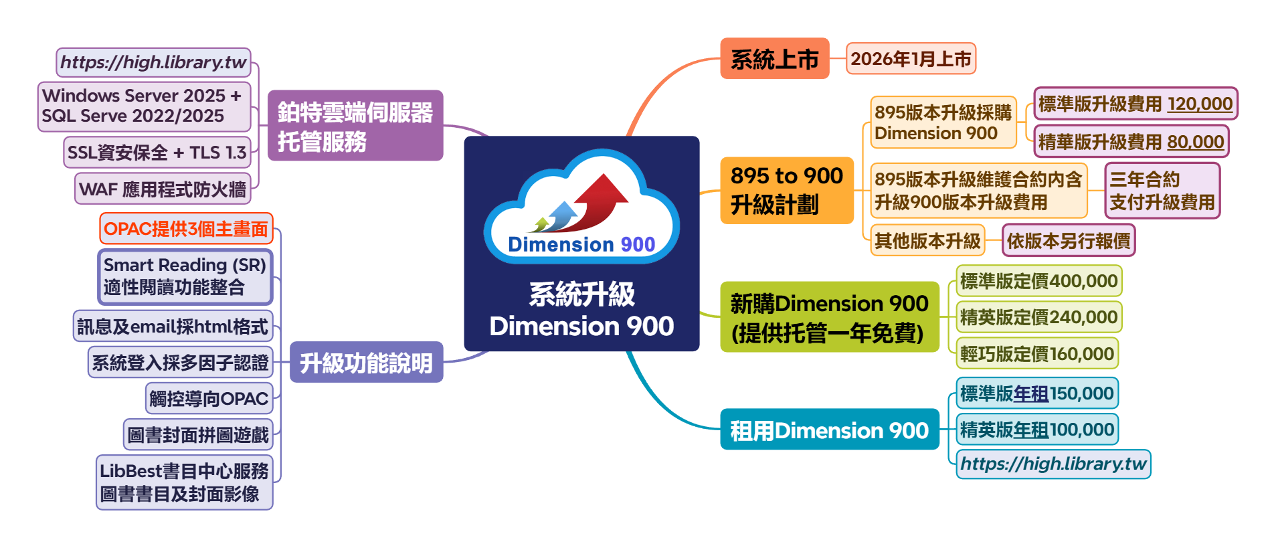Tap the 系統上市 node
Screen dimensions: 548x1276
pyautogui.click(x=774, y=59)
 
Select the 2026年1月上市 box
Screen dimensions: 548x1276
pyautogui.click(x=911, y=59)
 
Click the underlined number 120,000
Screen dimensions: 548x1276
pyautogui.click(x=1200, y=104)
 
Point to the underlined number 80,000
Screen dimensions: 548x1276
pyautogui.click(x=1195, y=142)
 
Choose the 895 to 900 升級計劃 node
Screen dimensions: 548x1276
pyautogui.click(x=787, y=190)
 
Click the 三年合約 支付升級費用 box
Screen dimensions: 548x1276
pyautogui.click(x=1162, y=191)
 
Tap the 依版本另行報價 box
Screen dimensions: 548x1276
pyautogui.click(x=1069, y=241)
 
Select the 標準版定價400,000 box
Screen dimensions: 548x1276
pyautogui.click(x=1038, y=281)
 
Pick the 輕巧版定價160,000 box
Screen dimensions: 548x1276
pyautogui.click(x=1036, y=354)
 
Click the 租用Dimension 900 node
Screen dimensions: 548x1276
pyautogui.click(x=829, y=430)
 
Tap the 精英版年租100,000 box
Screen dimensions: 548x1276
pyautogui.click(x=1036, y=430)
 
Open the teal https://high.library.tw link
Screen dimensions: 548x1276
pyautogui.click(x=1053, y=464)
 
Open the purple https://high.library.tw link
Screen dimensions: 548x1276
pyautogui.click(x=153, y=62)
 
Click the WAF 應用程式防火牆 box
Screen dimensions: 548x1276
pyautogui.click(x=163, y=189)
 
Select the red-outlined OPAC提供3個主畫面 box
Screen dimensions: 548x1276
pyautogui.click(x=186, y=229)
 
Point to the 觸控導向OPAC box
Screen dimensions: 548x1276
pyautogui.click(x=209, y=399)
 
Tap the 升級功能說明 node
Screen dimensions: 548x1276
pyautogui.click(x=366, y=363)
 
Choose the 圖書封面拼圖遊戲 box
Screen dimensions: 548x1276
pyautogui.click(x=198, y=436)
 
